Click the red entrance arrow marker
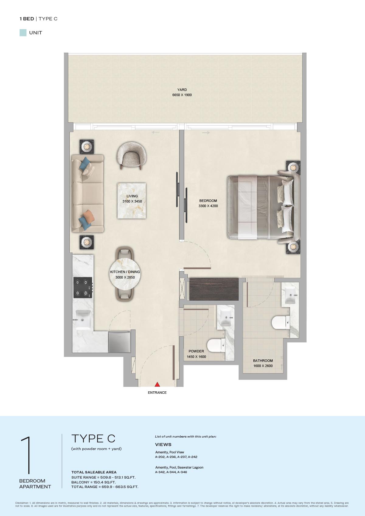pos(157,384)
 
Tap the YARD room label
pos(182,90)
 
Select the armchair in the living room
pos(131,156)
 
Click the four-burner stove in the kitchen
pos(83,287)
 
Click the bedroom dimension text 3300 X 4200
pos(208,206)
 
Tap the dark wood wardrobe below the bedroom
pos(214,289)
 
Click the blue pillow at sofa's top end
pos(85,164)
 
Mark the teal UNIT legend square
pos(23,33)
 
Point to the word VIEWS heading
pos(163,445)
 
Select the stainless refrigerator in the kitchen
pos(119,342)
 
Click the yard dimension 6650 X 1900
pos(182,95)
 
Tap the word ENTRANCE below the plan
pos(157,393)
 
